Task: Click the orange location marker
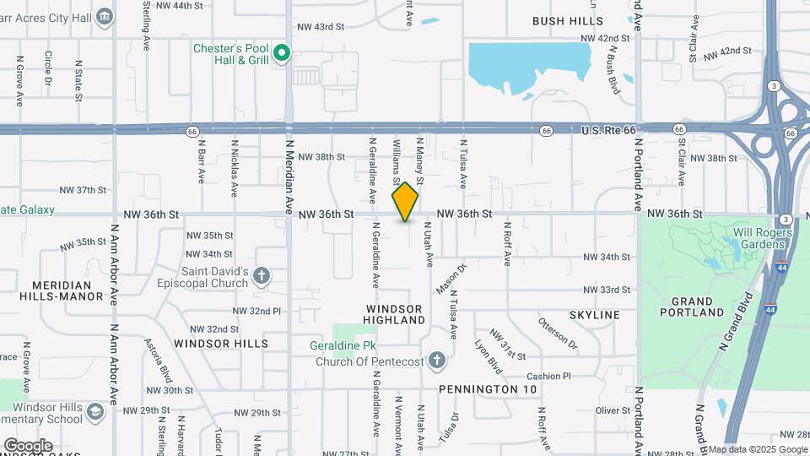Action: [405, 202]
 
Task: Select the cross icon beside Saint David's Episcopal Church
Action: [262, 275]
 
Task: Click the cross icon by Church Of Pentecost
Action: [436, 361]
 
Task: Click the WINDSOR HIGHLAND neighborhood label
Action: [394, 314]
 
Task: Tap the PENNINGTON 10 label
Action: [488, 389]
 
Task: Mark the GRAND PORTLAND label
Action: [698, 307]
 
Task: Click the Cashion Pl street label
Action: [548, 376]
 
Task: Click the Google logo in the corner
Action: [28, 446]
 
